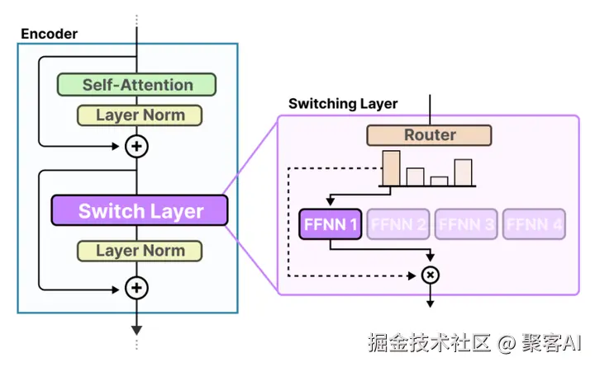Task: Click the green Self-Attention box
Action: (x=136, y=85)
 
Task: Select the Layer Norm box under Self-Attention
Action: (x=140, y=115)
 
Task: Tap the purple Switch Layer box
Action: (x=140, y=211)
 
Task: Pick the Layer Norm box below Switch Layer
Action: (x=140, y=251)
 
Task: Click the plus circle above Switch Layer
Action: (x=136, y=147)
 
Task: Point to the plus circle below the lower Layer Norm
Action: (x=136, y=288)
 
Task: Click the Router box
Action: (x=430, y=135)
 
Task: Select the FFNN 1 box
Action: (x=331, y=223)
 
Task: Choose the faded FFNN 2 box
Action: (x=398, y=223)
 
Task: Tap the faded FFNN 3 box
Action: (x=467, y=223)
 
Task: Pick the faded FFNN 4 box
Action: (x=535, y=223)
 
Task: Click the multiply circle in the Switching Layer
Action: (x=430, y=275)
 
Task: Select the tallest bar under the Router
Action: (x=391, y=168)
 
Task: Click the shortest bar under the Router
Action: (x=439, y=181)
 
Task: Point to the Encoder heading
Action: (x=49, y=34)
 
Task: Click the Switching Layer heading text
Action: (x=343, y=104)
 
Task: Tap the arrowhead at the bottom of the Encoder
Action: (x=136, y=327)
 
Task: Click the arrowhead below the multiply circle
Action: (x=430, y=303)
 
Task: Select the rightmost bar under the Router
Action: (x=463, y=172)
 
